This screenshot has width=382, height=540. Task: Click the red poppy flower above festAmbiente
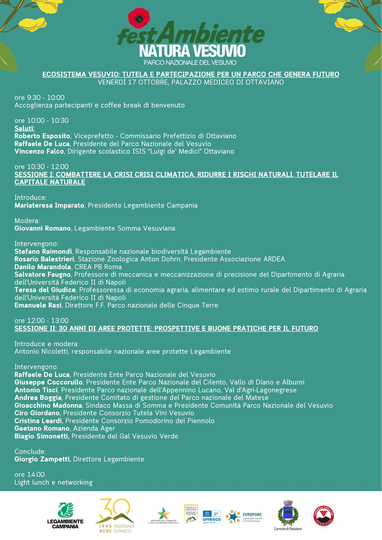139,18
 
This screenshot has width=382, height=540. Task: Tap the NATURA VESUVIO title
192,51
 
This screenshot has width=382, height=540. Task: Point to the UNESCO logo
211,517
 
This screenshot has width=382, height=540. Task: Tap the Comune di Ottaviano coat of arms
288,513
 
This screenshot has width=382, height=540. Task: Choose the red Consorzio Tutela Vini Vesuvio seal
324,516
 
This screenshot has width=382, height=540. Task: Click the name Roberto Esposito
42,136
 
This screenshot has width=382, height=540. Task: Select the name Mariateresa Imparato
49,205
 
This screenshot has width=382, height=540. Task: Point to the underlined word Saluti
25,128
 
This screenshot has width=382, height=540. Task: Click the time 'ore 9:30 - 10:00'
40,97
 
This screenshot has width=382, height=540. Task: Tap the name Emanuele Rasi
38,305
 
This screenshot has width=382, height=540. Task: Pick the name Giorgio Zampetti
42,459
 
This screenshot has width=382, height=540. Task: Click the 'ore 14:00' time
30,475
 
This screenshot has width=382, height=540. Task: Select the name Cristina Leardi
38,421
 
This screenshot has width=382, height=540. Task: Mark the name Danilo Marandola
43,267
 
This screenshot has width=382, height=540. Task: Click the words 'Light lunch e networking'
53,482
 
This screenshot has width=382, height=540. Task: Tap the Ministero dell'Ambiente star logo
164,513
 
